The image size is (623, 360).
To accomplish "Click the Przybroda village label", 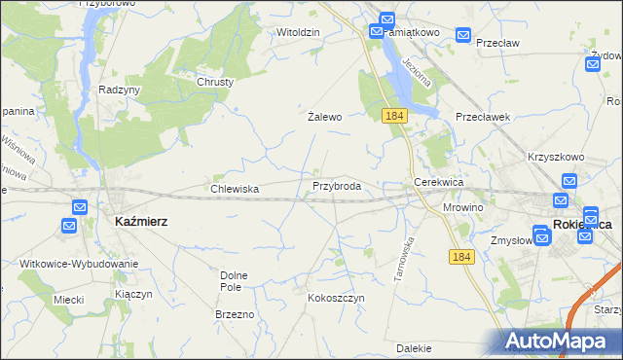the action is (337, 186).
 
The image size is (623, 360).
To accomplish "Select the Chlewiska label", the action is (235, 189).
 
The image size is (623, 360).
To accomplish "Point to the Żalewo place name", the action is (325, 117).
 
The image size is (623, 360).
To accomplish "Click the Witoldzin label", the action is (298, 32).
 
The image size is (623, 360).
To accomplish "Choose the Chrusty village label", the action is (216, 82).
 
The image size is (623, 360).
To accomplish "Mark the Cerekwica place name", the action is (438, 182).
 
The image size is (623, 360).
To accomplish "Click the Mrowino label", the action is (463, 207).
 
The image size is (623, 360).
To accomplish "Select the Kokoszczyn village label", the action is (336, 297).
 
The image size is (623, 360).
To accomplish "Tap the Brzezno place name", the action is (235, 314).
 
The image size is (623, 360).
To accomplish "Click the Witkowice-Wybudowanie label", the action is (79, 264).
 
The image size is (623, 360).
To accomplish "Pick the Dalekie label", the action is (414, 347).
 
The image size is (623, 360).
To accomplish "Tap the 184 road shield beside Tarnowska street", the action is (462, 256).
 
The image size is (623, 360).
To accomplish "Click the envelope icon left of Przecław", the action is (463, 38).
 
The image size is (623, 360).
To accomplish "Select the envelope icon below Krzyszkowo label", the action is (569, 181).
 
